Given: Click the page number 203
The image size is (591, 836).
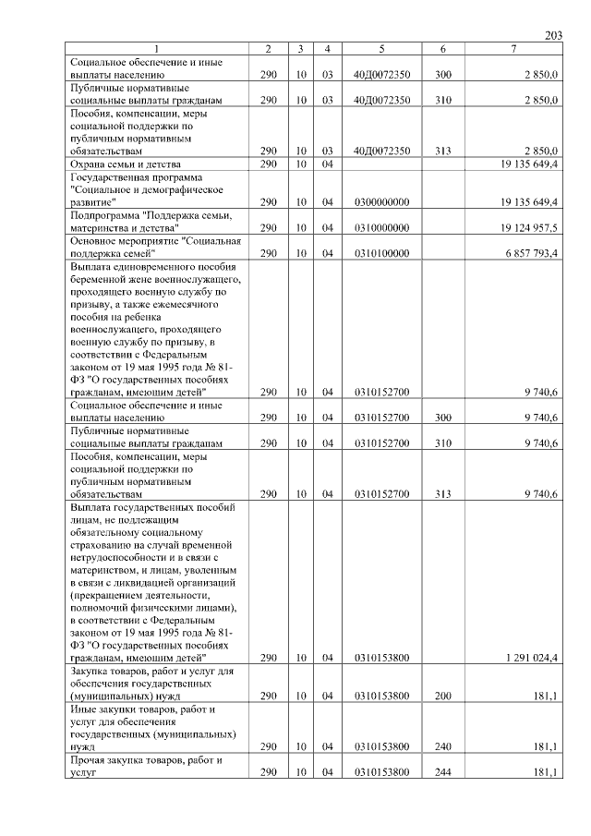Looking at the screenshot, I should coord(553,35).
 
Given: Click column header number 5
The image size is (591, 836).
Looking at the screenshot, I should coord(381,49).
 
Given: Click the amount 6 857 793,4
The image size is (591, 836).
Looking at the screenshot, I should coord(529,252).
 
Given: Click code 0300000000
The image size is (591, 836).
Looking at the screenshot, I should coord(381,201).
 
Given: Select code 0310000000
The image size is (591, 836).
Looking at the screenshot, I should coord(381,226).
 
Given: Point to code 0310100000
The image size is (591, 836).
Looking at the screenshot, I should coord(381,252).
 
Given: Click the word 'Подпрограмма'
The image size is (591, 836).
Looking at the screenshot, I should coord(103,214).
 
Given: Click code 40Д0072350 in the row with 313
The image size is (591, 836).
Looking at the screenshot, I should coord(381,151).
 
